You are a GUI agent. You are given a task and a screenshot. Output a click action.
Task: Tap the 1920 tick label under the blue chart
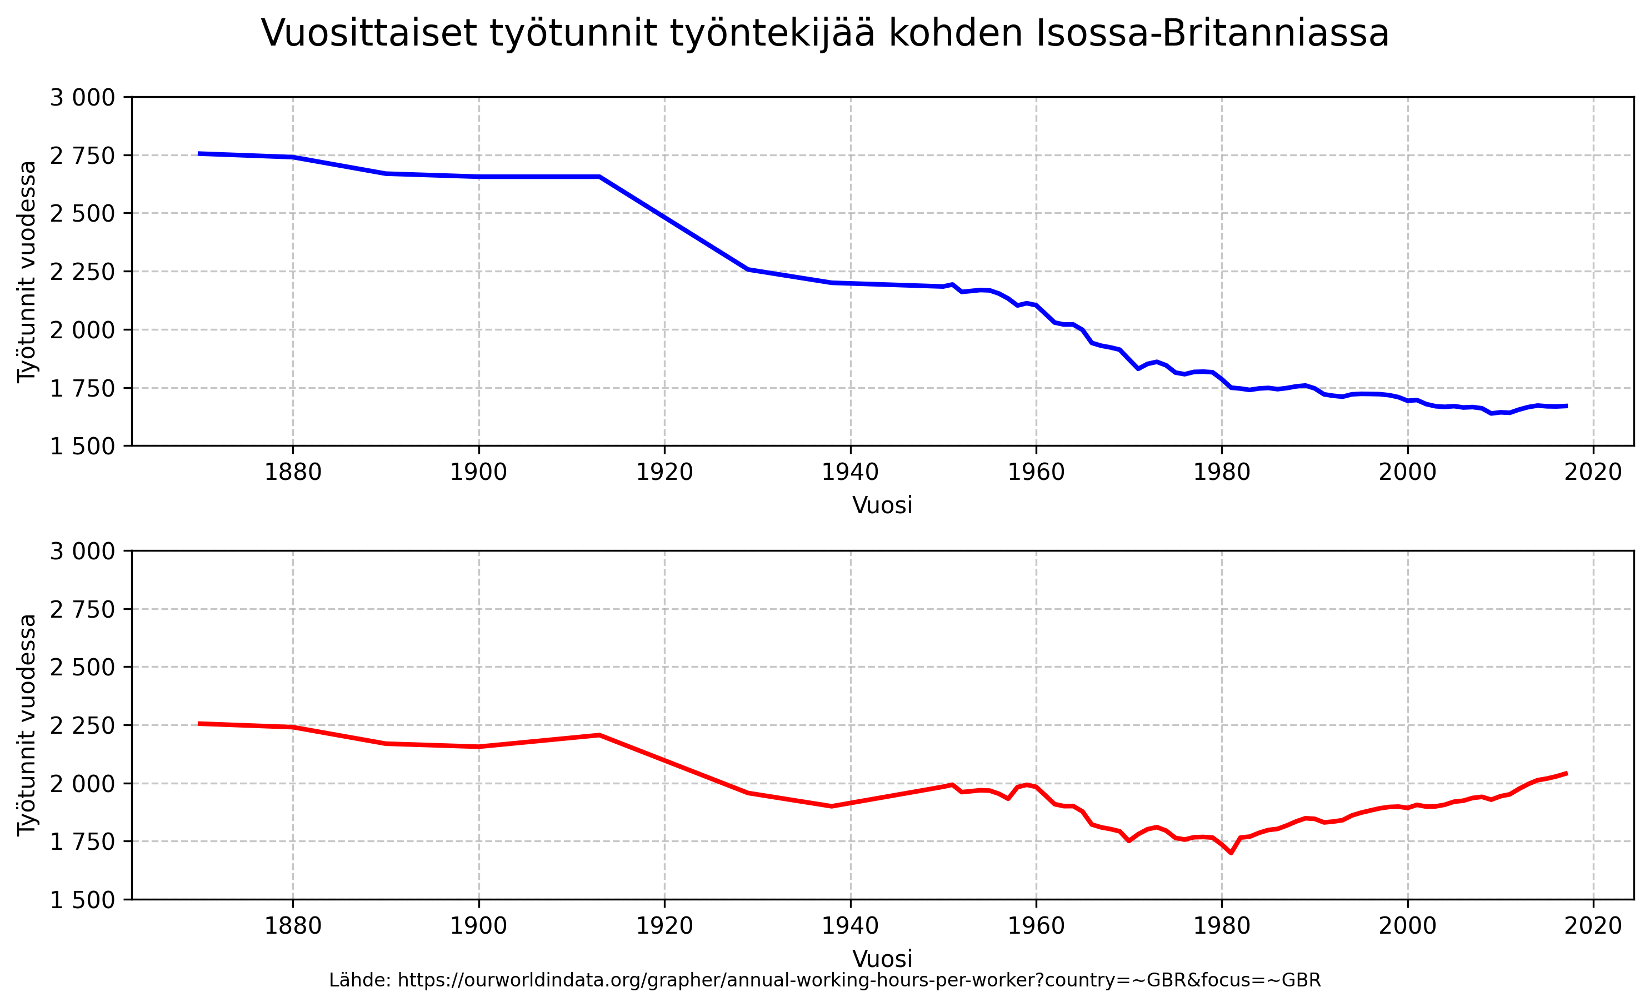664,473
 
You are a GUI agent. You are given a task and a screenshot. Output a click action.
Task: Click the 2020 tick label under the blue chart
1593,473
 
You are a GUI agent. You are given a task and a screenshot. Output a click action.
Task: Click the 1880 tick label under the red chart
293,926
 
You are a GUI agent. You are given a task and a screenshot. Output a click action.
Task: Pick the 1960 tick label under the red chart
1036,926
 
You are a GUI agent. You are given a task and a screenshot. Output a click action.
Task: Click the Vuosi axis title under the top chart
882,505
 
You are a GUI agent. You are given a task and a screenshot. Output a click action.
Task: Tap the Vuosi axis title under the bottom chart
882,959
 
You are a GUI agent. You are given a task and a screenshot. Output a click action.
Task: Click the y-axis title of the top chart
27,271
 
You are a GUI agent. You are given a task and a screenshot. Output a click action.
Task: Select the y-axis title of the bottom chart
27,725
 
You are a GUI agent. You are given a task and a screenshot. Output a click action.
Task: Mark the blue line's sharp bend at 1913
599,177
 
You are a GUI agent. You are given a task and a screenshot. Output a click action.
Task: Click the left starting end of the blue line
199,153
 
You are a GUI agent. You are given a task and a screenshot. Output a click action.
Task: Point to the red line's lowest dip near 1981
1231,853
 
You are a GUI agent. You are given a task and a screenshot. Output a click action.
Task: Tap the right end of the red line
1566,773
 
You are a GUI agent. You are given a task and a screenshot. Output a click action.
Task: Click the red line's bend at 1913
599,735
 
